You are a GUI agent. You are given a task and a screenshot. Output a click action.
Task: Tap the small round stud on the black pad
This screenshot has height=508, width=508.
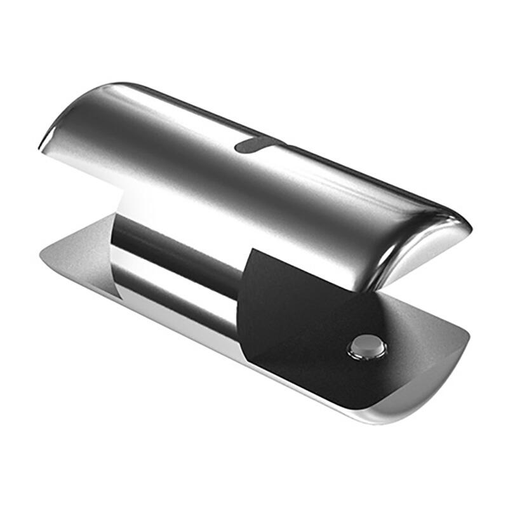pos(367,347)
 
